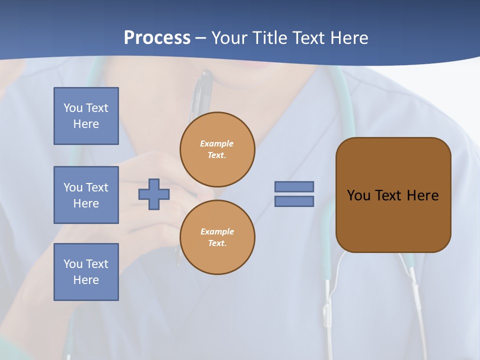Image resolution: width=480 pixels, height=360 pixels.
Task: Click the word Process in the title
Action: click(157, 38)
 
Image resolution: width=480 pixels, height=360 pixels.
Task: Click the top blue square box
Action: click(86, 116)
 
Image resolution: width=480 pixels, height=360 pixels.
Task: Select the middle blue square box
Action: click(86, 195)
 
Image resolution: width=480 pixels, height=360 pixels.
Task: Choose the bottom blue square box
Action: click(86, 272)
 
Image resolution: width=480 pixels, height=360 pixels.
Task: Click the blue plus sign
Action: click(154, 194)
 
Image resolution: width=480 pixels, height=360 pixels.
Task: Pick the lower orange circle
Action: click(217, 237)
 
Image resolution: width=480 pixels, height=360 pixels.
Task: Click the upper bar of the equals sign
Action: click(294, 186)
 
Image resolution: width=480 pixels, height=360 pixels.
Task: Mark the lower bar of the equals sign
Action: click(294, 201)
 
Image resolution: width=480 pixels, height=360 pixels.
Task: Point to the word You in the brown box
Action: click(358, 195)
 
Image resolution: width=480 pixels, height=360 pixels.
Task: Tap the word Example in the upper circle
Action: click(217, 143)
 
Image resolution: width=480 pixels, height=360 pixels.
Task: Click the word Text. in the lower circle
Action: click(217, 243)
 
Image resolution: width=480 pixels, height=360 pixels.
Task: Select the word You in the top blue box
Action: click(73, 108)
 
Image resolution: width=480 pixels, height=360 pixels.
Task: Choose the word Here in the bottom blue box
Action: click(86, 280)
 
